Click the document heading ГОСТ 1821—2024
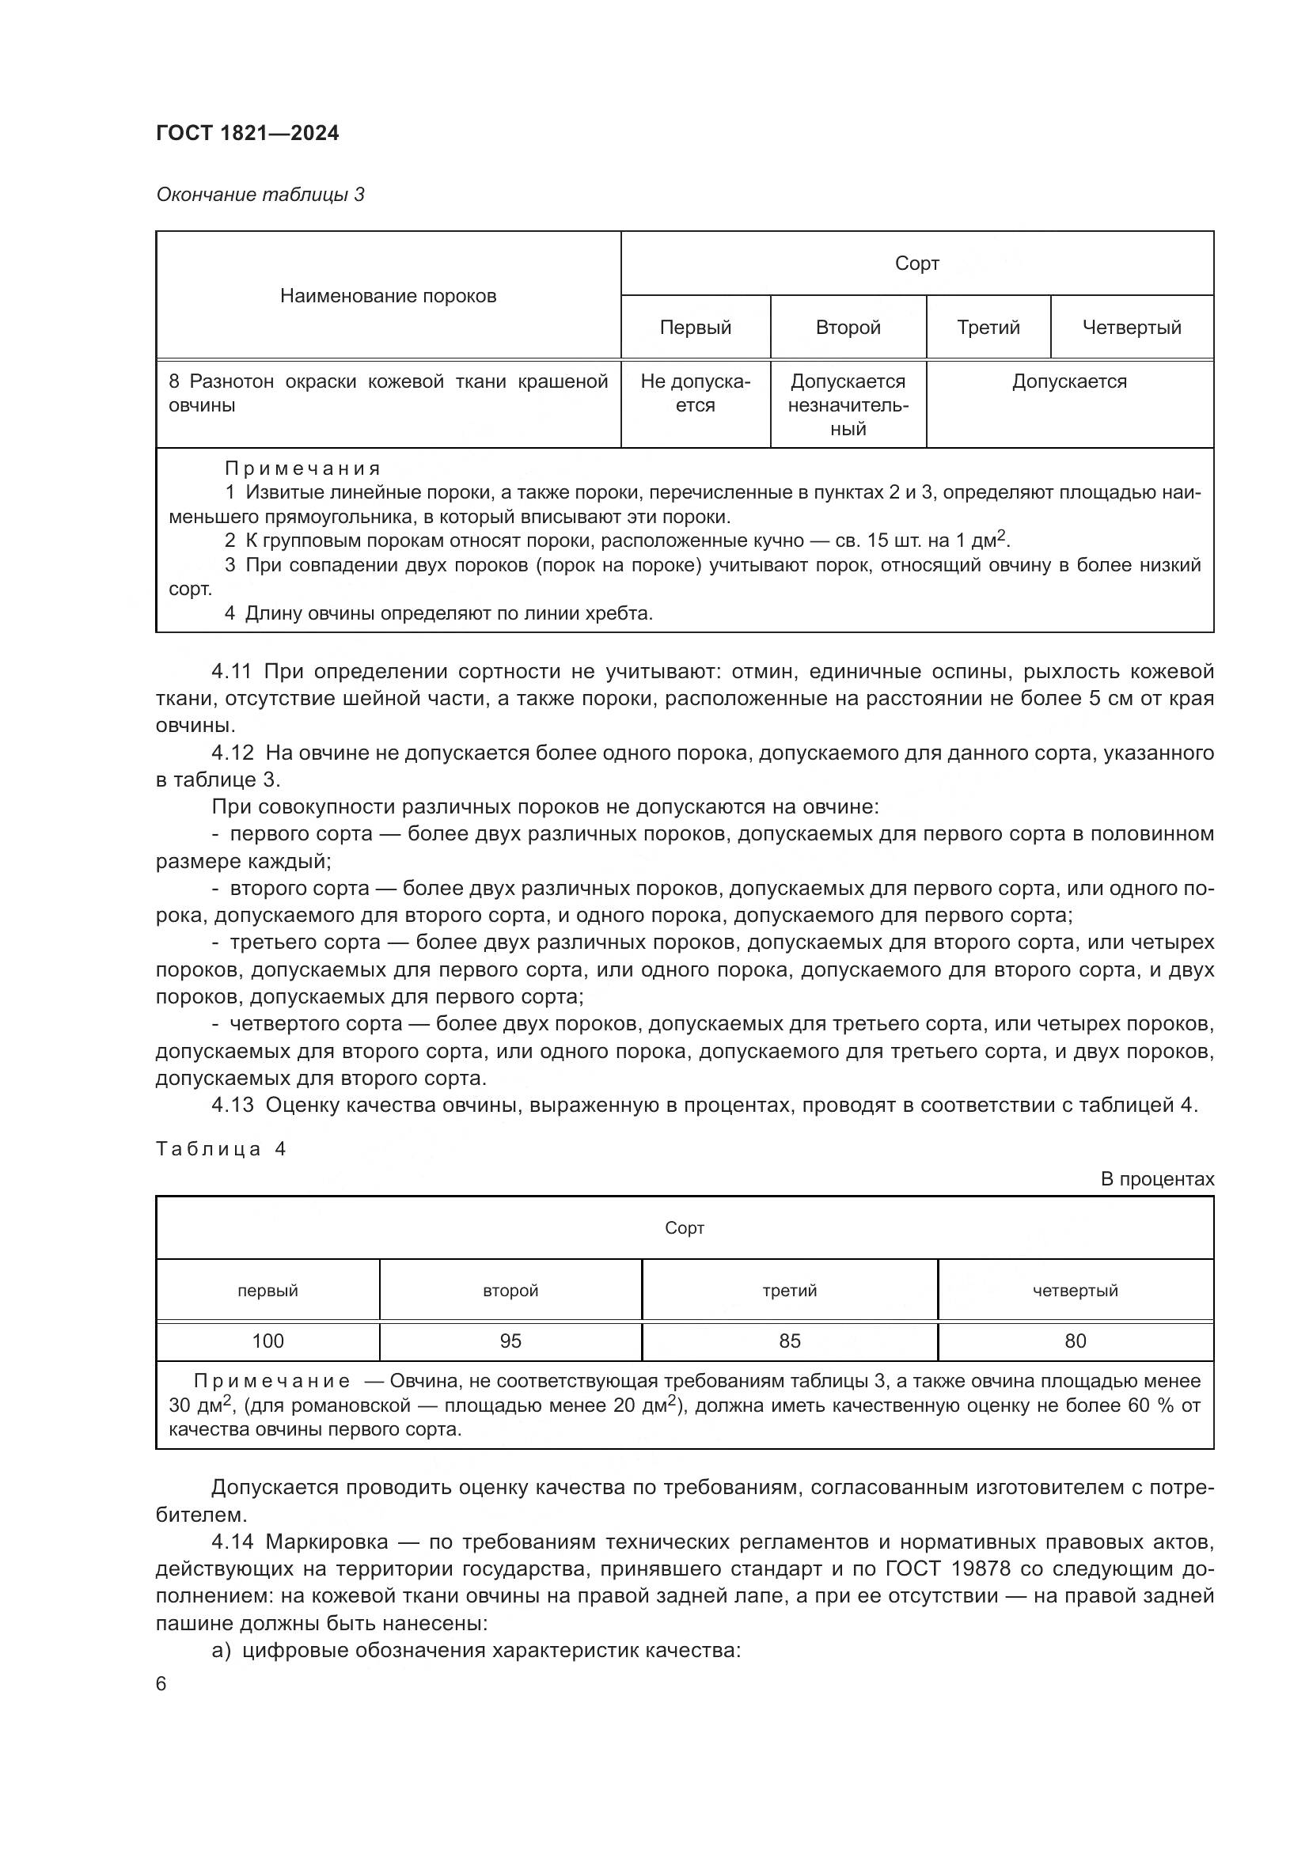point(248,133)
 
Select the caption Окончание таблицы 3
point(260,195)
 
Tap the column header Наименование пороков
point(388,296)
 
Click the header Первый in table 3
point(695,328)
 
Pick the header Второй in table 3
point(848,328)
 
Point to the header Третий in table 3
point(988,328)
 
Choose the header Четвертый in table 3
point(1132,328)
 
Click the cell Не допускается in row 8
point(695,393)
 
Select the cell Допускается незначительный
point(848,404)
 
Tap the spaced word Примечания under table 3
point(302,468)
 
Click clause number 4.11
point(232,672)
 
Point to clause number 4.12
point(232,753)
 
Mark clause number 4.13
point(232,1106)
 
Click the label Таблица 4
point(221,1149)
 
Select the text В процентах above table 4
point(1157,1178)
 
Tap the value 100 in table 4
point(267,1341)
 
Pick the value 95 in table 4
point(510,1341)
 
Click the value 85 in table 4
point(789,1341)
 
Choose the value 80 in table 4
point(1076,1341)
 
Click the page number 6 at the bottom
point(161,1684)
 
